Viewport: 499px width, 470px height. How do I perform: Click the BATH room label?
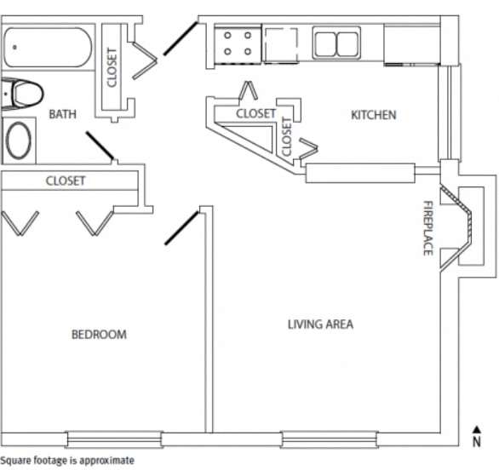pos(63,113)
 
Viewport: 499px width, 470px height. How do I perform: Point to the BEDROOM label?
pos(98,335)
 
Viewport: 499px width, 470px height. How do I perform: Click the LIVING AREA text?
pos(320,324)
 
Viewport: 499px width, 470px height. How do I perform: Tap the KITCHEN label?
pos(373,115)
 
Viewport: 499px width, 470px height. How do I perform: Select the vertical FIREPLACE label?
pos(428,227)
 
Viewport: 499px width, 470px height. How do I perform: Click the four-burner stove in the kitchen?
pos(238,44)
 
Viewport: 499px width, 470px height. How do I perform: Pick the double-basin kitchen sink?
pos(336,43)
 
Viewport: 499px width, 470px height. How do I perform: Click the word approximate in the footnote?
pos(106,461)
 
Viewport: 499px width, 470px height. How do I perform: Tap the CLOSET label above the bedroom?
pos(66,181)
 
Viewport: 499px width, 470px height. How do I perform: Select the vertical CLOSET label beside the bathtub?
pos(112,66)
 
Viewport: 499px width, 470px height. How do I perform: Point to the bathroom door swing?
pos(100,146)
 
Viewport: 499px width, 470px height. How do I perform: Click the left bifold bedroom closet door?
pos(20,222)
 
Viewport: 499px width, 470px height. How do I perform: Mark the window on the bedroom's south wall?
pos(112,439)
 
